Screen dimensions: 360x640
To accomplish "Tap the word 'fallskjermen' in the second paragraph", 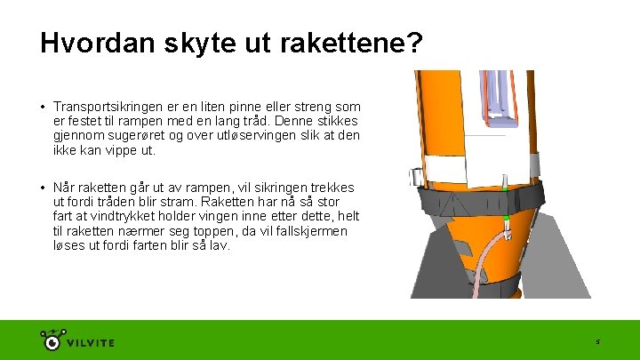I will (x=310, y=231).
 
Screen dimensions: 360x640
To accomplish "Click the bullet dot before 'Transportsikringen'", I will (x=42, y=106).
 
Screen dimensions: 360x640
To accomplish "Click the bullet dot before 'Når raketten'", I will (x=42, y=188).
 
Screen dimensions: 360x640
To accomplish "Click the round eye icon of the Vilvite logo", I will (x=52, y=342).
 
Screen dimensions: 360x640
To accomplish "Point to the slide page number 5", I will (x=598, y=342).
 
